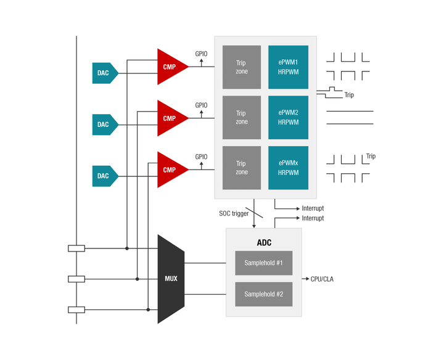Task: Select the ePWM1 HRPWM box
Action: pyautogui.click(x=288, y=67)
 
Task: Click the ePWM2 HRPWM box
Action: pyautogui.click(x=288, y=117)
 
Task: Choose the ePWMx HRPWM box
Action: pyautogui.click(x=288, y=168)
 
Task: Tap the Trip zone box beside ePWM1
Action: pyautogui.click(x=241, y=67)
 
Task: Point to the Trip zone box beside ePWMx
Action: pyautogui.click(x=241, y=168)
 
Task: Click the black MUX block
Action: pyautogui.click(x=171, y=279)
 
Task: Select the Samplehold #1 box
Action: pyautogui.click(x=263, y=263)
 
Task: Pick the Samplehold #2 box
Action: pyautogui.click(x=263, y=294)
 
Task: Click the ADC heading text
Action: pyautogui.click(x=264, y=242)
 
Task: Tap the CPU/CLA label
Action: pyautogui.click(x=323, y=279)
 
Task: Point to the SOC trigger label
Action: pyautogui.click(x=234, y=214)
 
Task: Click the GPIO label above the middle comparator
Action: pyautogui.click(x=202, y=105)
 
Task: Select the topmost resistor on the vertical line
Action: pyautogui.click(x=76, y=248)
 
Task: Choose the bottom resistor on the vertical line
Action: pyautogui.click(x=76, y=309)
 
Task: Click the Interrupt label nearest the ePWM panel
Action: pyautogui.click(x=313, y=208)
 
